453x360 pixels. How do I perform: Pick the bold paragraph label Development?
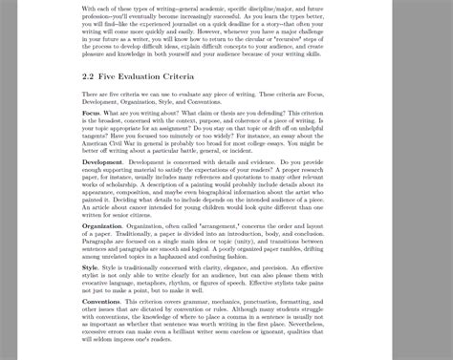[102, 163]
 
